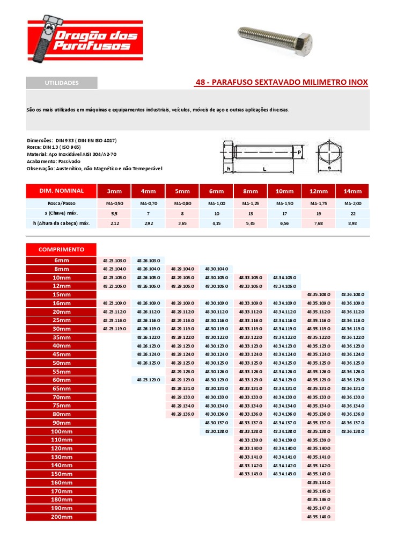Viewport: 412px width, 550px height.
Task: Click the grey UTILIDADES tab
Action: pos(62,83)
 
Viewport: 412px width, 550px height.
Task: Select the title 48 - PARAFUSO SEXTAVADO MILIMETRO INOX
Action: pos(282,82)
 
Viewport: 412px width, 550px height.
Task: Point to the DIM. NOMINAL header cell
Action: pos(62,191)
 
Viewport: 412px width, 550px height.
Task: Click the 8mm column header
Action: pos(251,191)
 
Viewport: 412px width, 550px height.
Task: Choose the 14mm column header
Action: pos(352,191)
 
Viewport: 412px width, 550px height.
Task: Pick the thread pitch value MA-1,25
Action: pos(251,204)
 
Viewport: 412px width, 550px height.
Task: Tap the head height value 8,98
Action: pos(352,223)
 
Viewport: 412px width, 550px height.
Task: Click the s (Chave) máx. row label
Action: pos(62,213)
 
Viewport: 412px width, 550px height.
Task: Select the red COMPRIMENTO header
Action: pos(62,249)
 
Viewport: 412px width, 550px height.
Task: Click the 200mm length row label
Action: pos(62,517)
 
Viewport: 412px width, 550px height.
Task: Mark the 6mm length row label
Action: pos(62,260)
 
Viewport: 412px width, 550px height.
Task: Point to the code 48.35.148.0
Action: pos(318,517)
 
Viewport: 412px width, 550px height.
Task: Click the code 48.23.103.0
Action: pos(114,260)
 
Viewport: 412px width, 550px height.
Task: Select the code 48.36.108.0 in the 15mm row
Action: pos(352,294)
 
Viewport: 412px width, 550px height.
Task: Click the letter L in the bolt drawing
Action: pos(264,169)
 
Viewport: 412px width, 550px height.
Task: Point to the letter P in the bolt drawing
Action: pos(299,153)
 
